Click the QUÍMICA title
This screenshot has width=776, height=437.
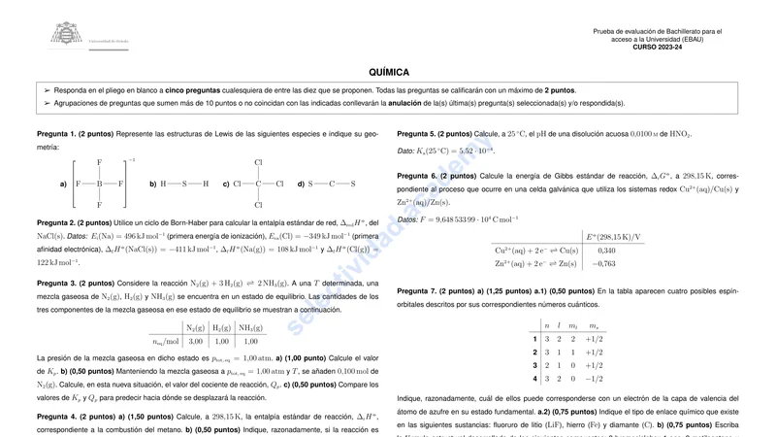[388, 72]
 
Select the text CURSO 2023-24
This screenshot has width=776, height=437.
[657, 47]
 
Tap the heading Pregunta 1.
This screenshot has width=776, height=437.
[55, 133]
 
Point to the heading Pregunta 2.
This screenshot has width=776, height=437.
[55, 222]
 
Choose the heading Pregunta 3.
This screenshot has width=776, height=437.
[55, 283]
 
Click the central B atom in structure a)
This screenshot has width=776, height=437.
[99, 183]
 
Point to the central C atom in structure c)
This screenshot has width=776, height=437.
[258, 183]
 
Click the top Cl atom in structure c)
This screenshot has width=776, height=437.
[258, 162]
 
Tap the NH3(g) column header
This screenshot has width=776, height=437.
[250, 326]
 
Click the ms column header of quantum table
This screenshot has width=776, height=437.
[594, 325]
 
